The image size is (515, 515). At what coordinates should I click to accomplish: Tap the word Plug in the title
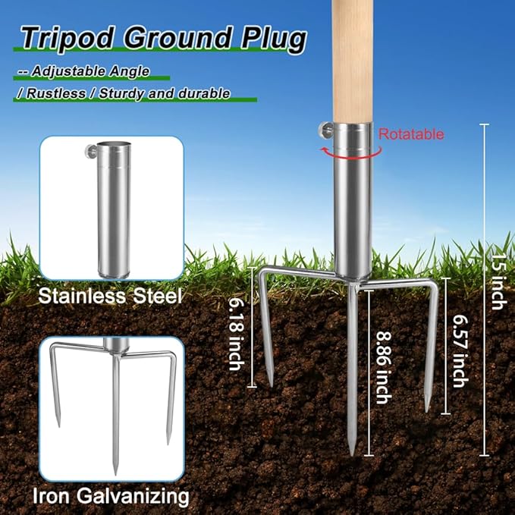pyautogui.click(x=274, y=39)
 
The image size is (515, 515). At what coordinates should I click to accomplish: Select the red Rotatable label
pyautogui.click(x=411, y=134)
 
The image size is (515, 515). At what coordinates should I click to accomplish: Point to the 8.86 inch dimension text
pyautogui.click(x=382, y=367)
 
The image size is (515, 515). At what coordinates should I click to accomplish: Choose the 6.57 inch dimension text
pyautogui.click(x=460, y=350)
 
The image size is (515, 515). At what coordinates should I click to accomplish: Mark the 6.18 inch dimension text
pyautogui.click(x=237, y=334)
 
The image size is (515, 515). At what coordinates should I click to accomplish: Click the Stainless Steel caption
pyautogui.click(x=110, y=296)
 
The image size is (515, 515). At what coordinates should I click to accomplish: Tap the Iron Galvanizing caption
pyautogui.click(x=111, y=495)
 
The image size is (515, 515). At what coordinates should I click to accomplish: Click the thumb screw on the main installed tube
pyautogui.click(x=327, y=130)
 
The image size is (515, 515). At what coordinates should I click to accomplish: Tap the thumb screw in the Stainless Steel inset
pyautogui.click(x=90, y=152)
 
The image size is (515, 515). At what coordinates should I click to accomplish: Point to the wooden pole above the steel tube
pyautogui.click(x=352, y=61)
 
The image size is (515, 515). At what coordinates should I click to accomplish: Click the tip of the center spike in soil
pyautogui.click(x=352, y=456)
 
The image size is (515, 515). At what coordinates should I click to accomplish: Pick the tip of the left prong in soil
pyautogui.click(x=271, y=386)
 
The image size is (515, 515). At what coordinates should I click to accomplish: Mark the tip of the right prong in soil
pyautogui.click(x=427, y=412)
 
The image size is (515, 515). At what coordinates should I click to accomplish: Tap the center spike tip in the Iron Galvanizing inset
pyautogui.click(x=115, y=474)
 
